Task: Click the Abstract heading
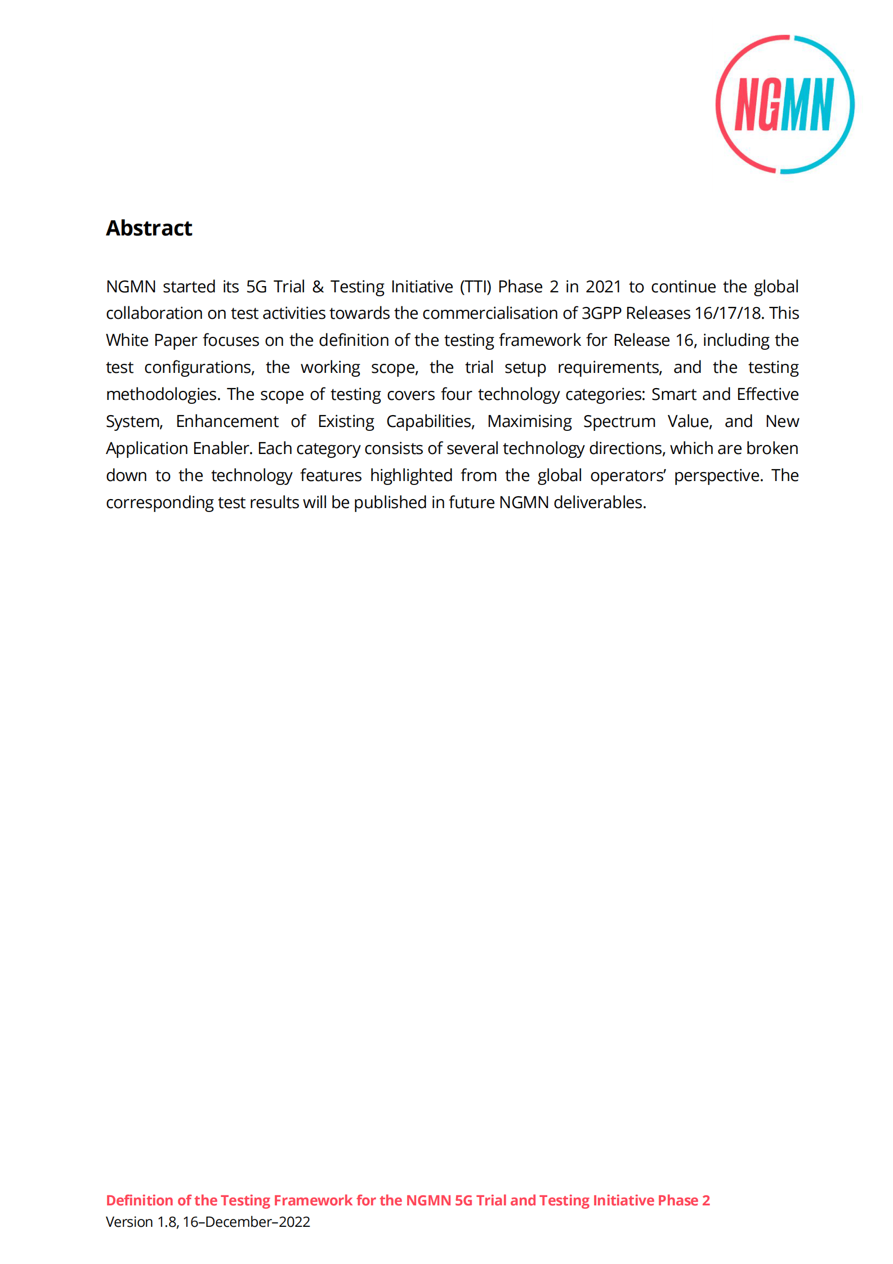(x=149, y=228)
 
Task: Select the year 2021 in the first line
(x=603, y=287)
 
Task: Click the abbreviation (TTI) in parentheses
(x=476, y=287)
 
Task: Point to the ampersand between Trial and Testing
(x=318, y=287)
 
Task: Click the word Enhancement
(x=227, y=421)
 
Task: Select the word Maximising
(x=529, y=421)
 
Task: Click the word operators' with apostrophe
(x=628, y=475)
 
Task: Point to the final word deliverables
(x=600, y=502)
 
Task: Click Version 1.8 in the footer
(x=142, y=1222)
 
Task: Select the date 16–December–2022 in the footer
(x=247, y=1222)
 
